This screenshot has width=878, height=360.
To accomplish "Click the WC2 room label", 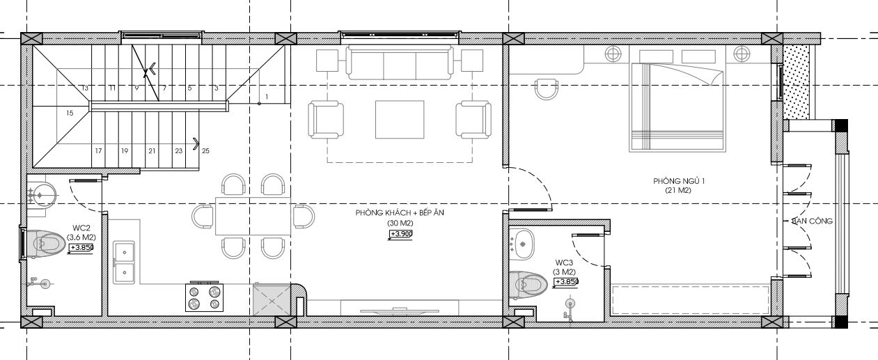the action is (x=81, y=228).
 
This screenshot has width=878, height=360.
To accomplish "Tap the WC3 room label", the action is (x=564, y=263).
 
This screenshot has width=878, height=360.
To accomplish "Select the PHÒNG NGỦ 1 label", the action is (x=679, y=181).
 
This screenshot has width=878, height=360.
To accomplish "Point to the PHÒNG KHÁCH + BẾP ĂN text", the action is (x=400, y=213).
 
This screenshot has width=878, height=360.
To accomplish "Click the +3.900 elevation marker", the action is (x=400, y=234).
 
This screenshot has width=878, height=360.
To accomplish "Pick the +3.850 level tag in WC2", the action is (x=81, y=248).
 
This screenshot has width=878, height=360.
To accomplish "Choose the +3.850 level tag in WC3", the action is (x=566, y=282).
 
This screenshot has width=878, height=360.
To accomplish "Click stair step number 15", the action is (x=70, y=114).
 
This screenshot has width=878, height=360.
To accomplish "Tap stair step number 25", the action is (x=205, y=150).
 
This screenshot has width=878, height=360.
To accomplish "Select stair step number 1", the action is (x=267, y=97).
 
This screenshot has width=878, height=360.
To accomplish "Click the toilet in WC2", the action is (x=45, y=244).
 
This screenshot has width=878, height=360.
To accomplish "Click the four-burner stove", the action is (x=204, y=297).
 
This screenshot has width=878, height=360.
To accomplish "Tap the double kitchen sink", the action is (x=124, y=263).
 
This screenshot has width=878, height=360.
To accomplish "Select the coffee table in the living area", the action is (x=400, y=120).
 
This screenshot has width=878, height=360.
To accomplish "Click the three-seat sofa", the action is (x=400, y=63).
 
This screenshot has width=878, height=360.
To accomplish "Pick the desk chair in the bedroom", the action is (x=547, y=89).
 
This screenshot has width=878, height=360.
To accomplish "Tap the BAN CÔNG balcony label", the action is (x=812, y=221).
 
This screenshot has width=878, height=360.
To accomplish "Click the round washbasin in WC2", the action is (x=42, y=195).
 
